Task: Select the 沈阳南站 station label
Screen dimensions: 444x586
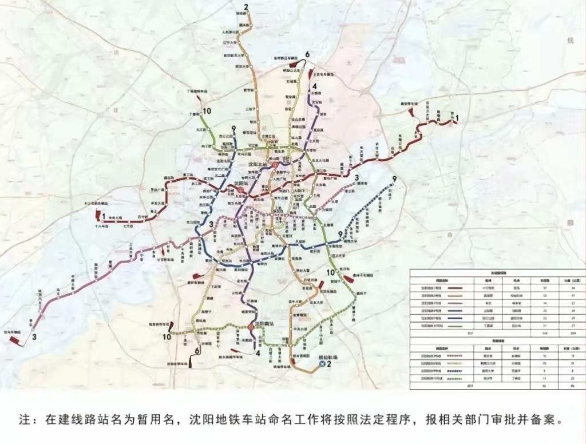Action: tap(268, 323)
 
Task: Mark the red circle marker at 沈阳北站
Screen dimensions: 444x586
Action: tap(274, 165)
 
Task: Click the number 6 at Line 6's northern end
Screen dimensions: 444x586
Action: tap(307, 54)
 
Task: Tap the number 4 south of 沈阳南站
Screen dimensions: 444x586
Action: tap(258, 353)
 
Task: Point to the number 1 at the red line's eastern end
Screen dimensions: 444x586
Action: tap(457, 117)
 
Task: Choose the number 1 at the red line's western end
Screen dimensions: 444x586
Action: tap(104, 216)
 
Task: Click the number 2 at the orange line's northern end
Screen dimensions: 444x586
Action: tap(246, 7)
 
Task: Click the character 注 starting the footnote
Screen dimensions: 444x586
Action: tap(24, 419)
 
